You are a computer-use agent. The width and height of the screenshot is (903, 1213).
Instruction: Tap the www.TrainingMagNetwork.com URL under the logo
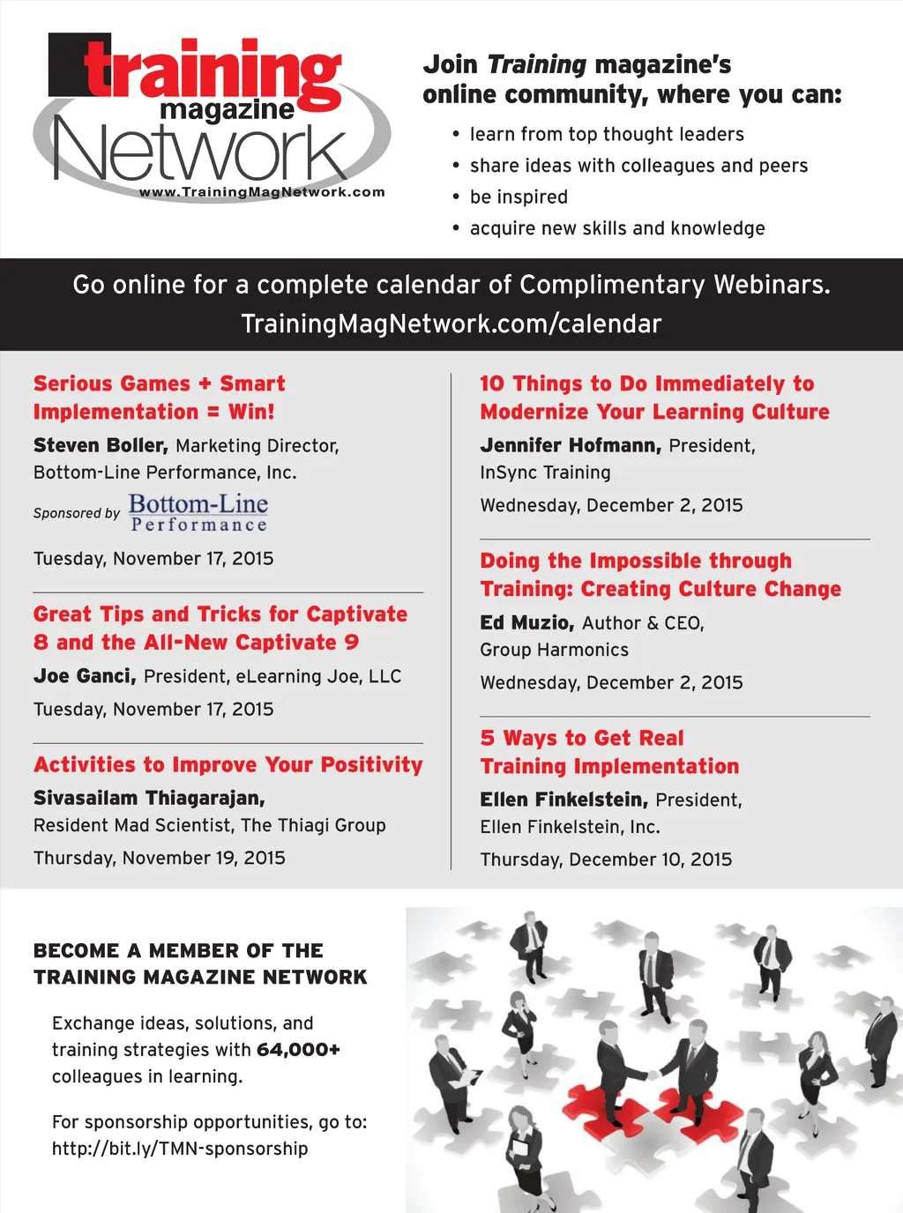[262, 192]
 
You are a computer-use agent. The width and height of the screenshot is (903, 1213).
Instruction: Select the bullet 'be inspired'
[519, 197]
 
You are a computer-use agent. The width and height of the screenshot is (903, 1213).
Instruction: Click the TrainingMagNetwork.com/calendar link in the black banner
[451, 324]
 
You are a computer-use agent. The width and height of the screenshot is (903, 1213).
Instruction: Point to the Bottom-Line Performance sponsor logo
[198, 513]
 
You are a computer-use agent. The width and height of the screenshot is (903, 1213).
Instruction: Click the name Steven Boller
[101, 446]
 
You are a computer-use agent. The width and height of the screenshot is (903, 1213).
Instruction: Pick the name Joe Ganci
[85, 676]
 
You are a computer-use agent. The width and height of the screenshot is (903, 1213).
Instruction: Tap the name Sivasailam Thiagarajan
[149, 799]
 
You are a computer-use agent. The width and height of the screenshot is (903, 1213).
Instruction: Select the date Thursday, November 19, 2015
[160, 858]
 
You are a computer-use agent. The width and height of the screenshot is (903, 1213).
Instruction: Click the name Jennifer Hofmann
[570, 446]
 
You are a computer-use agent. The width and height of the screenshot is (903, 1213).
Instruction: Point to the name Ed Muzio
[526, 623]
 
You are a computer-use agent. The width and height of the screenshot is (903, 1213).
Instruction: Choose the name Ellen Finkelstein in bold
[563, 800]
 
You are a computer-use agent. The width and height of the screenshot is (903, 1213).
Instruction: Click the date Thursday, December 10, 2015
[606, 860]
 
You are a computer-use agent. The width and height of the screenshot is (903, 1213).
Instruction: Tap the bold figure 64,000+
[298, 1050]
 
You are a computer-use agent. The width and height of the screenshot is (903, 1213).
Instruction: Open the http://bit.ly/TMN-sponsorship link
[180, 1149]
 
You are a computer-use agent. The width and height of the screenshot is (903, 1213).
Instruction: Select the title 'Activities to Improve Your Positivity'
[228, 765]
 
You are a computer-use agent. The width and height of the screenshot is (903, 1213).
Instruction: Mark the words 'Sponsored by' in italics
[77, 513]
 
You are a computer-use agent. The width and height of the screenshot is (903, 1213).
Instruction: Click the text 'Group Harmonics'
[554, 650]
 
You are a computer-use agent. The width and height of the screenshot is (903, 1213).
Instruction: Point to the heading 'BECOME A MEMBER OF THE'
[178, 951]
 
